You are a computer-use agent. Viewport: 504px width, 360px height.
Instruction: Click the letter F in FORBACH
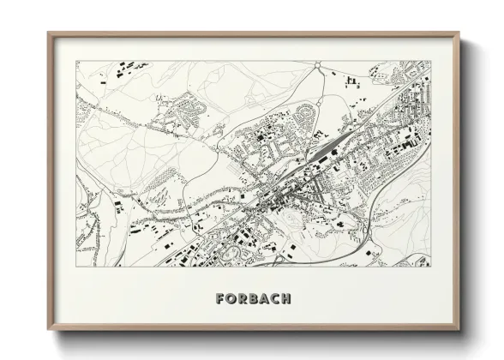point(221,299)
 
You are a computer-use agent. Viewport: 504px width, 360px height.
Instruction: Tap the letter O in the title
point(232,299)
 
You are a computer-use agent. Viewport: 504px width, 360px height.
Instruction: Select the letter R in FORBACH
point(244,299)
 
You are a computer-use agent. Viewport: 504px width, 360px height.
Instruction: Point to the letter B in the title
point(255,299)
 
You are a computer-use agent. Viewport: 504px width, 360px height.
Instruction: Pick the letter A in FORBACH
point(267,299)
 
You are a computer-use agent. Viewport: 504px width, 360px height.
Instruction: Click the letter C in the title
point(277,299)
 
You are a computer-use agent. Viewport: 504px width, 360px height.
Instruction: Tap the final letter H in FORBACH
point(288,299)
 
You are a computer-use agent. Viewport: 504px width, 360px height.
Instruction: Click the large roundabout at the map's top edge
point(318,65)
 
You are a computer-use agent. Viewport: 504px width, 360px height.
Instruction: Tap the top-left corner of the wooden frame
point(48,33)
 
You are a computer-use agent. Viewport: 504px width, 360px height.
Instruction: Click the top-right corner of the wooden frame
point(459,33)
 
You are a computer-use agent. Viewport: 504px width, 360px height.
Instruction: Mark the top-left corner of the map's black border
point(76,61)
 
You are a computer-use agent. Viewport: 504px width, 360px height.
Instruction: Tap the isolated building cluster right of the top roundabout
point(351,81)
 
